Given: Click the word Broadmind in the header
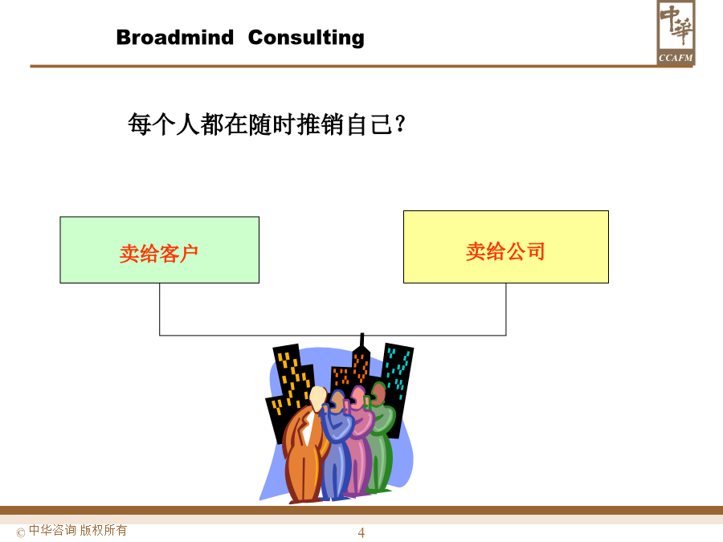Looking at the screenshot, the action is pos(175,37).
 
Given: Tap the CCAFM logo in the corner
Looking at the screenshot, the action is pos(676,32).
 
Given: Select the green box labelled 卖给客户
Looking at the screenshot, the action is pos(160,250).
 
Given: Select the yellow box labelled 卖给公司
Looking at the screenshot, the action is pos(506,247).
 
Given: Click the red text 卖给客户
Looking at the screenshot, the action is pos(159,254).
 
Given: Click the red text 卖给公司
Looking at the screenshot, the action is pos(505,251).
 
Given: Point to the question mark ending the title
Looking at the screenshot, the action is pos(400,124).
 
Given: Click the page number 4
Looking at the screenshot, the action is pos(361,533).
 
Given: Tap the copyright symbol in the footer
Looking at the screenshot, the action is pos(21,533).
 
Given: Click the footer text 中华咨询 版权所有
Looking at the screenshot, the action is pos(78,531).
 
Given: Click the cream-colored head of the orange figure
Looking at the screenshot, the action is pos(317,399).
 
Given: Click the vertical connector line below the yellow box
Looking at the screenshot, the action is pos(506,309).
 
